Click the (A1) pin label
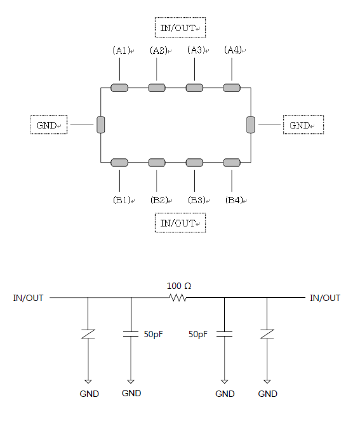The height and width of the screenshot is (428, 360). (x=121, y=51)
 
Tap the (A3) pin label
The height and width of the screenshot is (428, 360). (x=196, y=50)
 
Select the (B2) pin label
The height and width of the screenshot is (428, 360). (x=159, y=200)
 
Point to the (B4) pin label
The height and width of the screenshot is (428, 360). (x=234, y=200)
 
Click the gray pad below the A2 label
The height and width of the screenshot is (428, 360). (x=157, y=88)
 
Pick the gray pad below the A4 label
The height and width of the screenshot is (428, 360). (x=232, y=88)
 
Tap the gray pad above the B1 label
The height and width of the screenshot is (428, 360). (x=119, y=163)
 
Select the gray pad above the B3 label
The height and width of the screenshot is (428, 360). (x=194, y=163)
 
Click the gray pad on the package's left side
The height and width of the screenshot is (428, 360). (x=101, y=124)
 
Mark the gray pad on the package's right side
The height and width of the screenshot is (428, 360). (x=251, y=124)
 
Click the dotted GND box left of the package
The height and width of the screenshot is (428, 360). (x=49, y=124)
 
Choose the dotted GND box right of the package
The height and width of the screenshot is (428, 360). (x=303, y=124)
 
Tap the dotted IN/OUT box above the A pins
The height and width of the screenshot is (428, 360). (x=180, y=27)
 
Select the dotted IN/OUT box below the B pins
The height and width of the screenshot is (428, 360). (x=180, y=223)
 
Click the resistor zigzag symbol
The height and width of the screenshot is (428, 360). (x=178, y=298)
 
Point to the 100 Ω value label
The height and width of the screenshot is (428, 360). (x=179, y=286)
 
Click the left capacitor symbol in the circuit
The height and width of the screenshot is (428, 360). (x=131, y=334)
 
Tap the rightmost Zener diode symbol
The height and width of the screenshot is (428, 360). (x=267, y=334)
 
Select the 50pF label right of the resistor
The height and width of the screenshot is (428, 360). (x=198, y=334)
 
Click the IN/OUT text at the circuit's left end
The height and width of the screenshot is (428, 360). (x=28, y=298)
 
